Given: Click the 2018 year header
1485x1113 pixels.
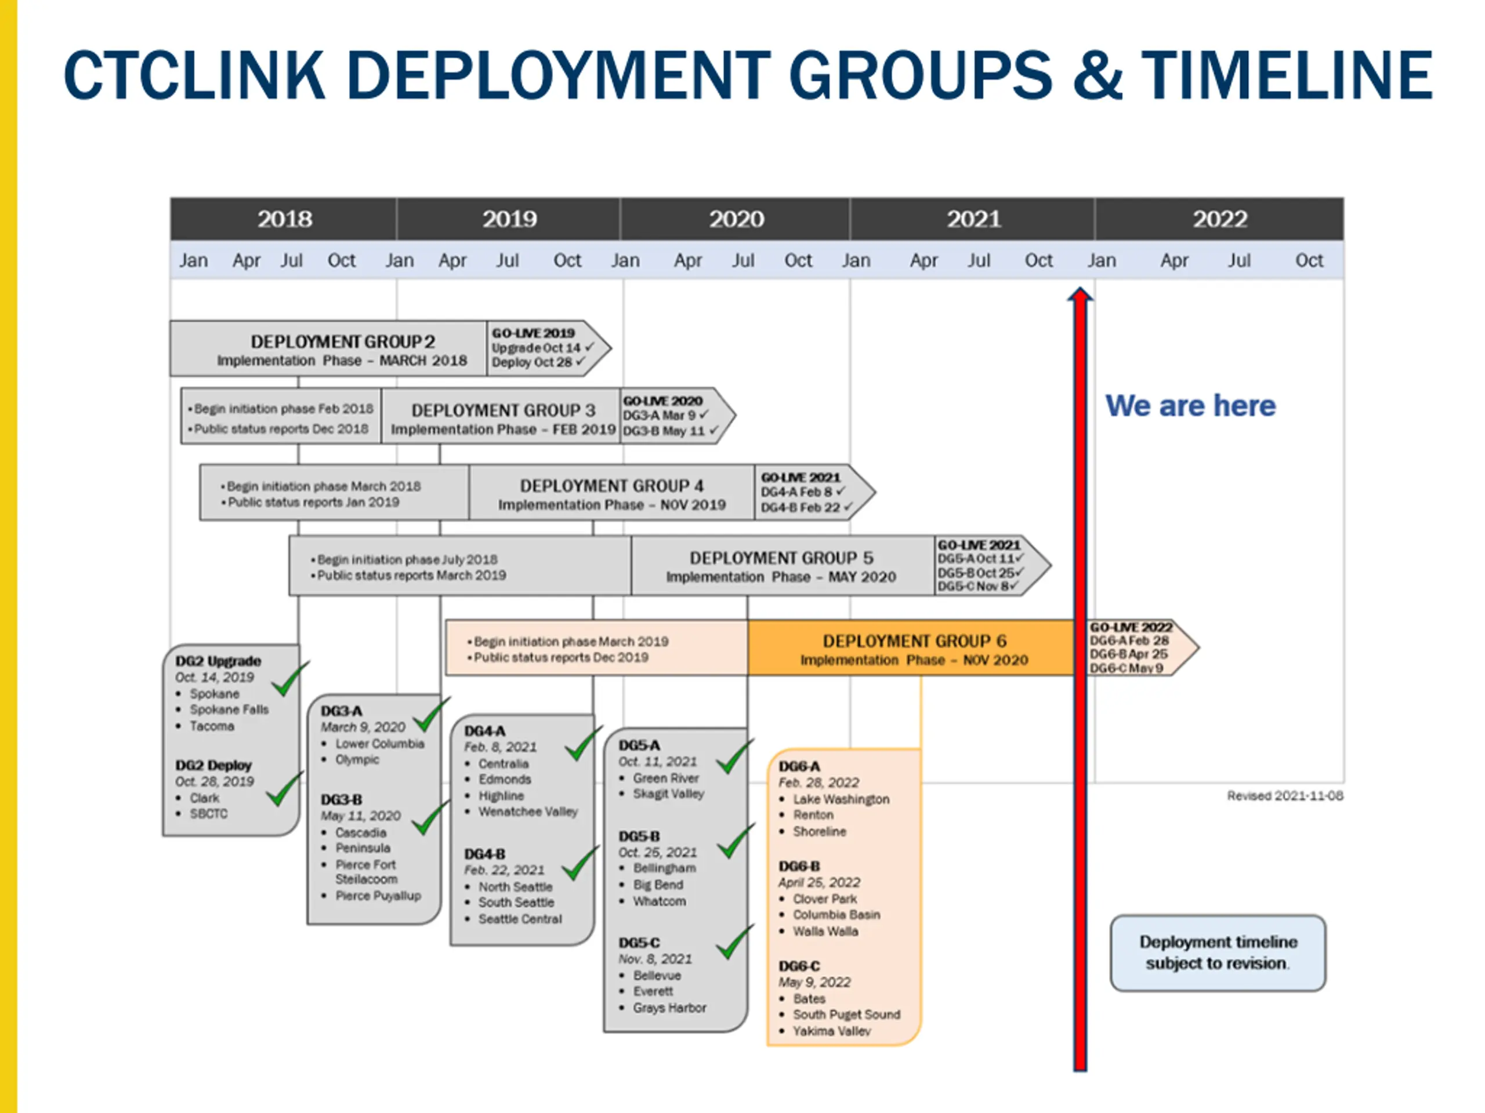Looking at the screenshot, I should [x=285, y=219].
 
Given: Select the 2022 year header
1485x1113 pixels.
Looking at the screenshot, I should [x=1219, y=219].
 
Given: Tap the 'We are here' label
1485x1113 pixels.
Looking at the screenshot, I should [x=1190, y=406].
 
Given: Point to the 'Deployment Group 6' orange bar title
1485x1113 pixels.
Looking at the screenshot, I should [x=914, y=641].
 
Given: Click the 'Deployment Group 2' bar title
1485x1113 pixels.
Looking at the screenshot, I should [x=342, y=341].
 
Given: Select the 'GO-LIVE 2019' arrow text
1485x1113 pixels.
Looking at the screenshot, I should [x=534, y=333].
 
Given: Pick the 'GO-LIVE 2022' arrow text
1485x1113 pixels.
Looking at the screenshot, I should [x=1131, y=627].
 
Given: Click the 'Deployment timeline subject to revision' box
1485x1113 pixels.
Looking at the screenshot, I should [x=1217, y=952].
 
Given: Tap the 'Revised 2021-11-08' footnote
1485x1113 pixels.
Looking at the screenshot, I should [x=1285, y=796].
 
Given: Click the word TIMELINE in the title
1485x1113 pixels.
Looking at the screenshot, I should [x=1287, y=75].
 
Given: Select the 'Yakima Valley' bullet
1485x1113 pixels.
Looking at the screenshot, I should [x=831, y=1031].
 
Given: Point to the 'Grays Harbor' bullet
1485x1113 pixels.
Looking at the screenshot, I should [x=669, y=1007].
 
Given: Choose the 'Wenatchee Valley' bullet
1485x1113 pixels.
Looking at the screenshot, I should [x=528, y=812].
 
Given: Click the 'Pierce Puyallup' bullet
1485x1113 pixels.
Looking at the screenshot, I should [x=378, y=896].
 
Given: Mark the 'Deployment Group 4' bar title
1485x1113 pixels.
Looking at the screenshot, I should [x=611, y=486].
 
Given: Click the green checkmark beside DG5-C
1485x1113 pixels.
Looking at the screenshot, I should [x=734, y=942].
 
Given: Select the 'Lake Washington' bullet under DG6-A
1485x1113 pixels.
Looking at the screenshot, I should [x=841, y=799].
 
